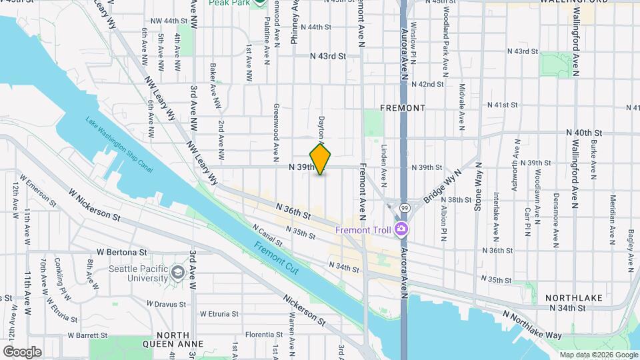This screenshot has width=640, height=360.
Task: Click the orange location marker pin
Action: [321, 159]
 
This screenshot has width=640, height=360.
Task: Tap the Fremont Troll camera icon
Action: [401, 230]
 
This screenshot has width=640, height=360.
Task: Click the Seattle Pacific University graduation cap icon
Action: [178, 272]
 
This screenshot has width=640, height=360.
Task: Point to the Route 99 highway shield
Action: [405, 208]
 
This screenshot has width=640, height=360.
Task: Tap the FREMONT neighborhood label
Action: [402, 107]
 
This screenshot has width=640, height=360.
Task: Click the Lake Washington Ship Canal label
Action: [119, 145]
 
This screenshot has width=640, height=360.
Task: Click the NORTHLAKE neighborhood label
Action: [565, 297]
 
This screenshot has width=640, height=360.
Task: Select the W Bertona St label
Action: [121, 253]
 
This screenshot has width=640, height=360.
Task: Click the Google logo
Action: [22, 351]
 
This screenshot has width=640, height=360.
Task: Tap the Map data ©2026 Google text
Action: [597, 355]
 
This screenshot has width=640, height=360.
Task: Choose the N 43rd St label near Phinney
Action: [329, 57]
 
